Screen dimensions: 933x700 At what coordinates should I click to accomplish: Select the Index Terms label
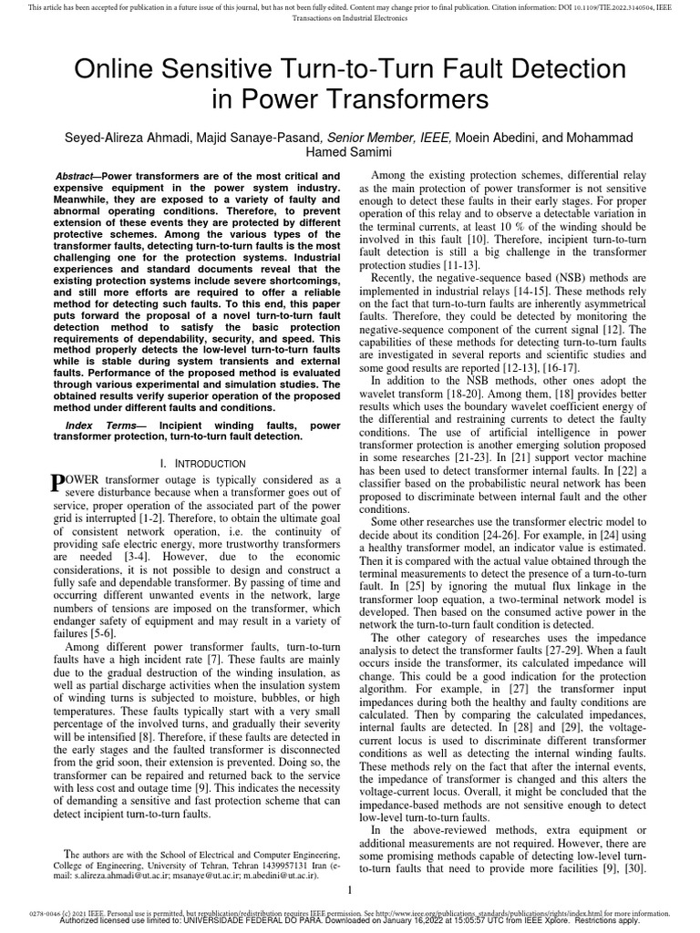coord(103,425)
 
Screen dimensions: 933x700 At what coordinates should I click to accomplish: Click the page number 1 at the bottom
coord(350,890)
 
